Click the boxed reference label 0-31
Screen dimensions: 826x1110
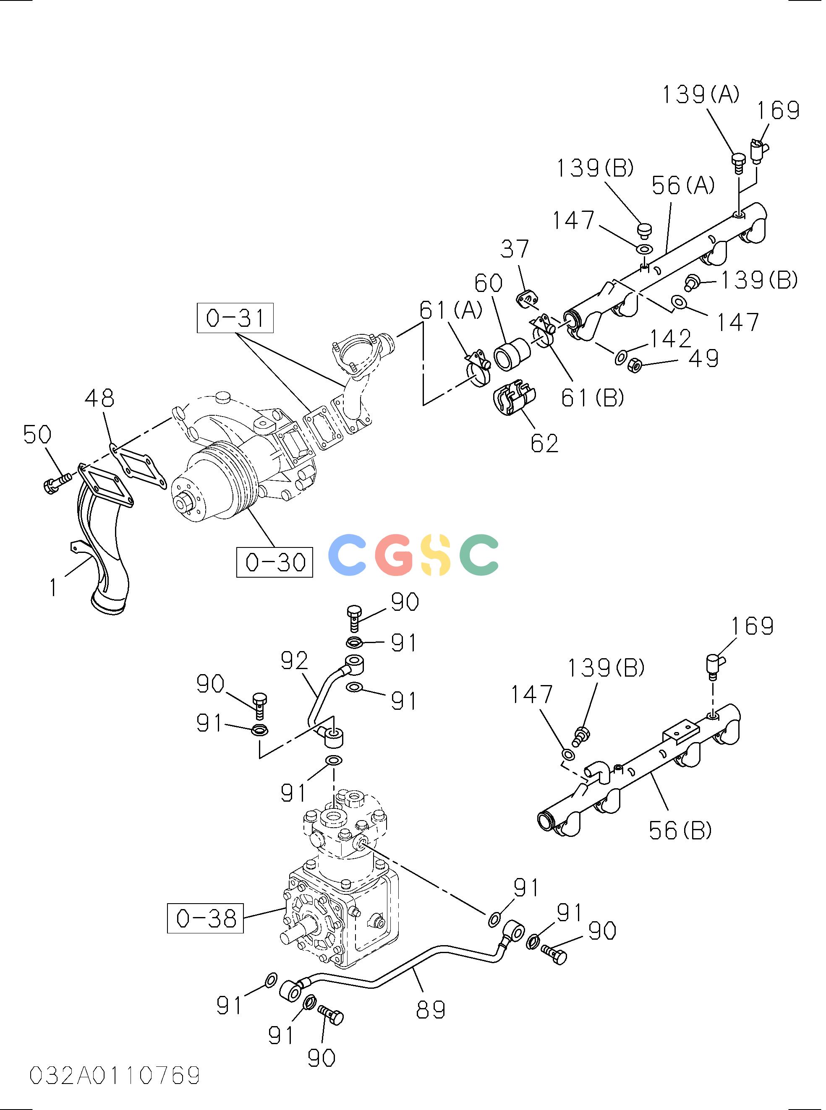coord(235,318)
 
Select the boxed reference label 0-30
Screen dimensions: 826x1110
coord(275,562)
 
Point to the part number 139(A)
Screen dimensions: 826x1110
coord(701,94)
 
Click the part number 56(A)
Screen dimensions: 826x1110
coord(683,185)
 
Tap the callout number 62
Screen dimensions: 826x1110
coord(544,443)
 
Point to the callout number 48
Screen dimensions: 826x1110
coord(99,399)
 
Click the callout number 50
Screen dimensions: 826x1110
coord(37,434)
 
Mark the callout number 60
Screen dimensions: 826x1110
coord(489,283)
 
